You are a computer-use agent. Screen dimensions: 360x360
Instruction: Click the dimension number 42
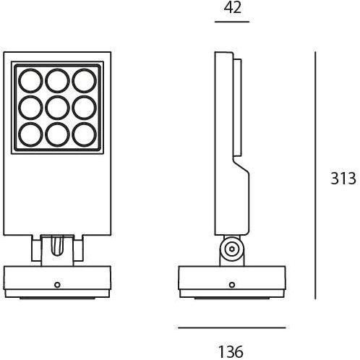click(232, 8)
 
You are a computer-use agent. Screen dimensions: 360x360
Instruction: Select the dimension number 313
click(342, 180)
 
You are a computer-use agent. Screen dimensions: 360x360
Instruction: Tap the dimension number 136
click(232, 351)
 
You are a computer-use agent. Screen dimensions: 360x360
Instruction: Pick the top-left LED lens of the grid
click(30, 80)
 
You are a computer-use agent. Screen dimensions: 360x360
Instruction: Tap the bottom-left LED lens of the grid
click(30, 134)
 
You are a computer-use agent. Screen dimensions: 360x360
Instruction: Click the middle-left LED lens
click(30, 107)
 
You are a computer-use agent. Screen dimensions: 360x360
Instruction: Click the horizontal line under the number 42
click(232, 22)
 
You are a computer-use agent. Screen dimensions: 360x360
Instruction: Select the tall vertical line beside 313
click(316, 175)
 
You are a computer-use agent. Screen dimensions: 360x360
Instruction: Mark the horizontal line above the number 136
click(232, 327)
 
